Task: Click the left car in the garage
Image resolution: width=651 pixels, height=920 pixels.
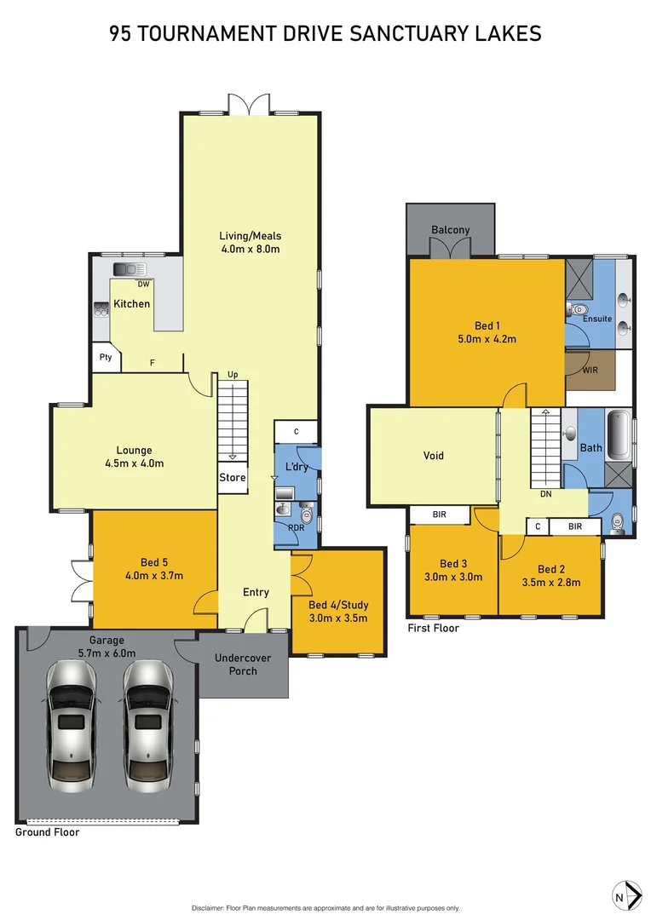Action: click(71, 724)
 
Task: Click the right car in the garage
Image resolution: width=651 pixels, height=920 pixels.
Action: click(147, 724)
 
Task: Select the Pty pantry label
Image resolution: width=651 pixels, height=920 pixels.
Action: click(106, 358)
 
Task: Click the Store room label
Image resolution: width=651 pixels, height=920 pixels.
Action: click(233, 478)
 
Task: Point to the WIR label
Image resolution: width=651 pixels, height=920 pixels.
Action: click(590, 371)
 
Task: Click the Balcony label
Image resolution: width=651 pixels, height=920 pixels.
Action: click(450, 230)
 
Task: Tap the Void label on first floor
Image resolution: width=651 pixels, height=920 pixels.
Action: click(434, 456)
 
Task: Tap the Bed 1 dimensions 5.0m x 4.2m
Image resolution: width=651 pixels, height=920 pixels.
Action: click(487, 338)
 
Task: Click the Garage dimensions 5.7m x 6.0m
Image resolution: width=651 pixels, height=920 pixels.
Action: click(107, 653)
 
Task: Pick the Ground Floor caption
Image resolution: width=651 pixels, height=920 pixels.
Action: click(48, 832)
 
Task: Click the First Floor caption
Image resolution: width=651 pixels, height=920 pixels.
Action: click(433, 629)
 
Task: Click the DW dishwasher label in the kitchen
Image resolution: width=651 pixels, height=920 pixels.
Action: click(144, 284)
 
